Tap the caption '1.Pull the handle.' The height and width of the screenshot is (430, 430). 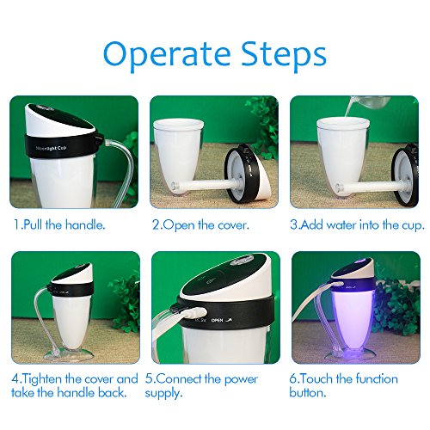(x=59, y=224)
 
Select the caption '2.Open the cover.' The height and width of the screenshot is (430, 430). (x=200, y=225)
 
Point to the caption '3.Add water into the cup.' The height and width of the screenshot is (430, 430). (x=357, y=225)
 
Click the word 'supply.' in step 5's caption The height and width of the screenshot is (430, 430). (x=163, y=393)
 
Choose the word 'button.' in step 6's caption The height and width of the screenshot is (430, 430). (x=308, y=392)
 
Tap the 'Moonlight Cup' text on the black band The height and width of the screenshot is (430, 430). (x=52, y=149)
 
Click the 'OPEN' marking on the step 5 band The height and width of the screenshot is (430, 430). (x=217, y=320)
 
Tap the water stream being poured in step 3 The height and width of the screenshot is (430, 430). (x=349, y=108)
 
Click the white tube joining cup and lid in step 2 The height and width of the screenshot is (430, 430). (x=206, y=185)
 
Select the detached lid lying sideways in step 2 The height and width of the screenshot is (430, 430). (x=249, y=174)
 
